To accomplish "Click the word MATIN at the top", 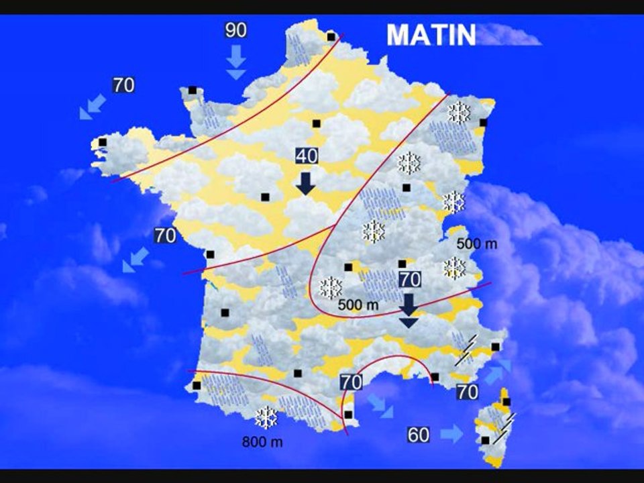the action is click(x=431, y=35).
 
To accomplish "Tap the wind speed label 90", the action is click(x=235, y=30).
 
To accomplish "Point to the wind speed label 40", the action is click(x=307, y=156).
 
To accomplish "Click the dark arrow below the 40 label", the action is click(x=307, y=182).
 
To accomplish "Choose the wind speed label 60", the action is click(x=419, y=435).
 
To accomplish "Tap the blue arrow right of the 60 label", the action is click(x=452, y=434).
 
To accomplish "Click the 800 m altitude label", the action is click(x=262, y=442).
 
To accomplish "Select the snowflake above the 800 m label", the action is click(x=266, y=418).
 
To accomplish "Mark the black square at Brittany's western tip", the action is click(x=103, y=142).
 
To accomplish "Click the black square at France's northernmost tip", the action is click(x=331, y=37).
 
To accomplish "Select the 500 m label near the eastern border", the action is click(x=477, y=244).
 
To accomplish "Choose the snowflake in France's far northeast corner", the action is click(x=460, y=112).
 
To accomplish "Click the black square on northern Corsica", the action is click(x=506, y=402).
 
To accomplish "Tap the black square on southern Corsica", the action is click(x=485, y=440).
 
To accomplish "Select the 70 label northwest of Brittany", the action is click(x=123, y=85).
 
